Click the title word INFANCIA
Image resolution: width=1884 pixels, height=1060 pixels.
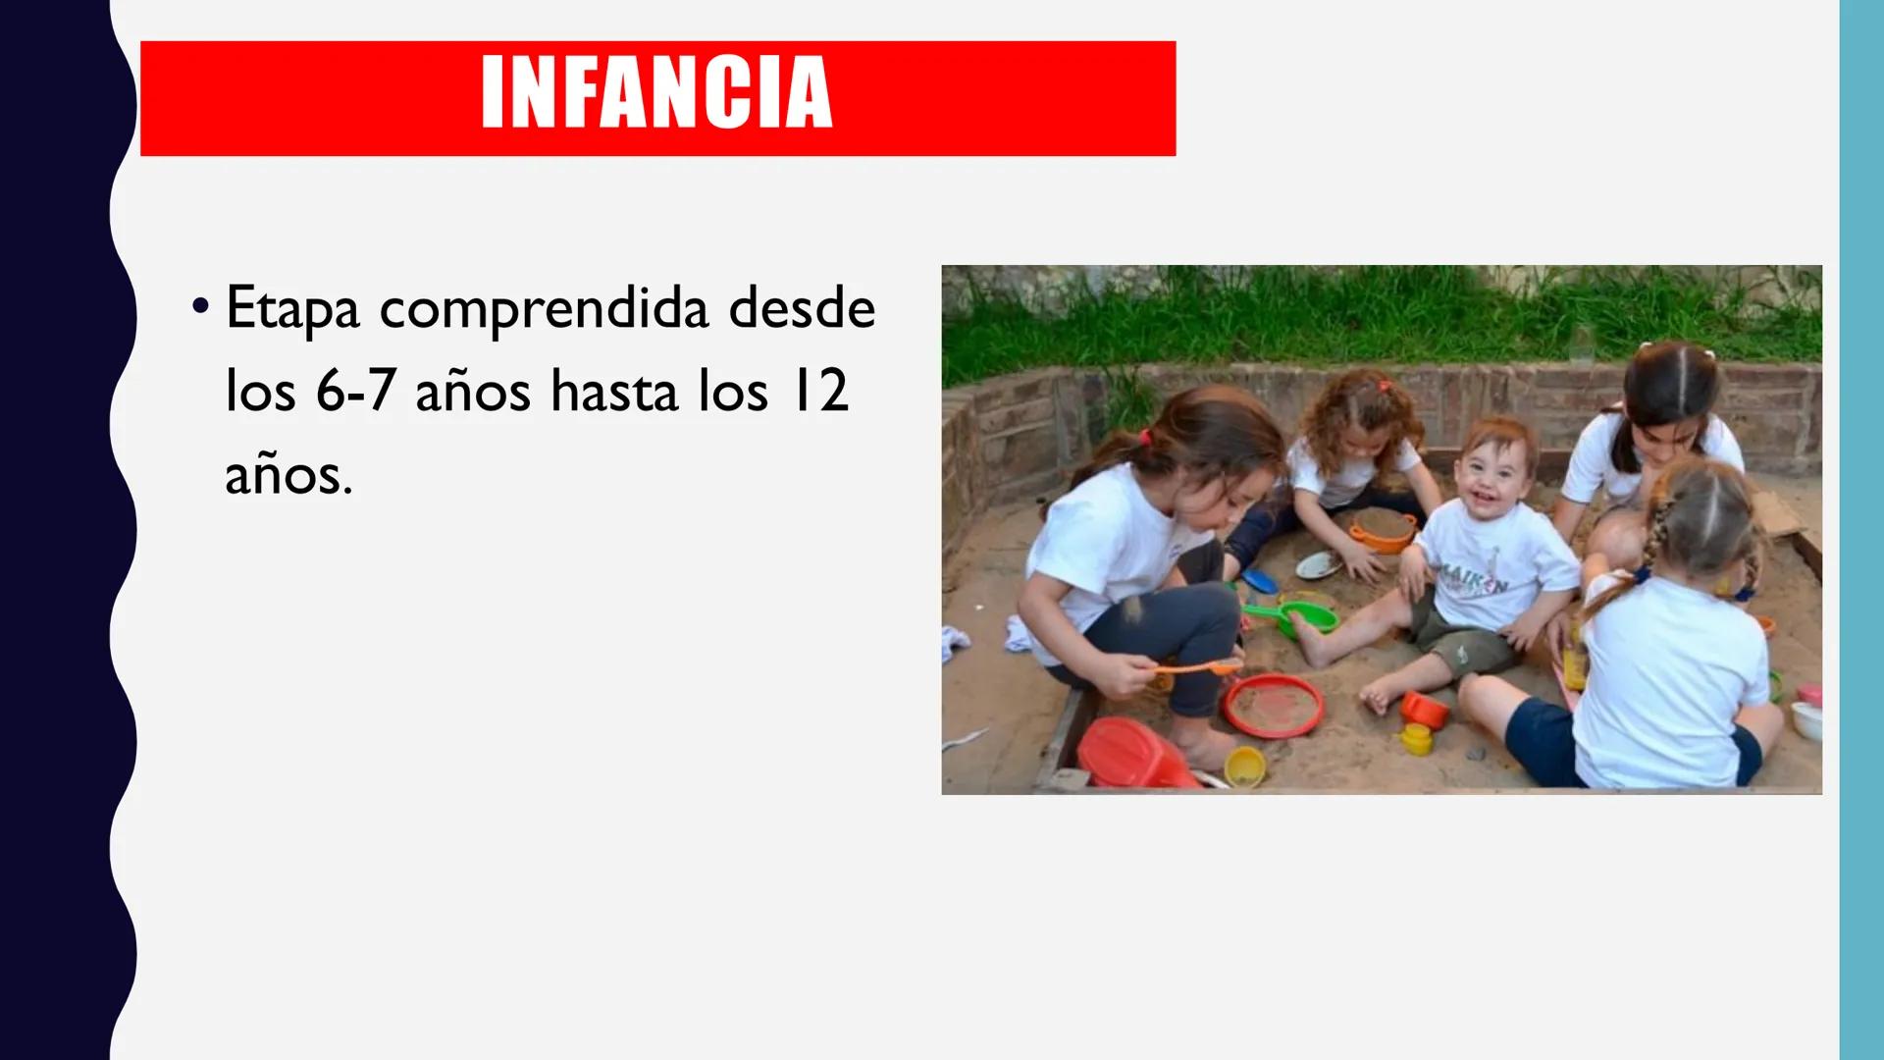click(656, 93)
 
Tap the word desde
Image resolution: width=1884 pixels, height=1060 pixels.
click(802, 308)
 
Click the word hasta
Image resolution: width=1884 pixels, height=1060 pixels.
click(613, 392)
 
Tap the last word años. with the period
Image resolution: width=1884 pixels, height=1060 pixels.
click(288, 475)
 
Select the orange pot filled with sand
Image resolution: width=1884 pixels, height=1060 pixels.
click(1383, 530)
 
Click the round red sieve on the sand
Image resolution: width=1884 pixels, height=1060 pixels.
click(1274, 705)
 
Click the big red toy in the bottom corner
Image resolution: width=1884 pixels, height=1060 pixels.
click(1136, 754)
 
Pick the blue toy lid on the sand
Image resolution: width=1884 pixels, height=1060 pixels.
click(1259, 581)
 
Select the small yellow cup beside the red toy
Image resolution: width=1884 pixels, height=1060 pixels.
click(1244, 766)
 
